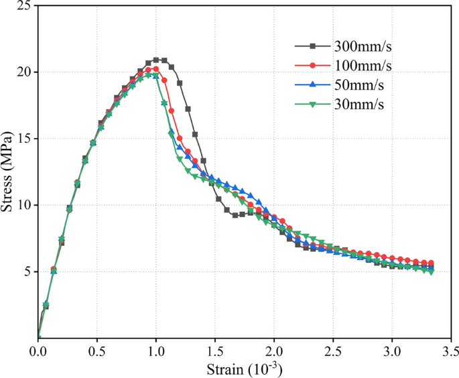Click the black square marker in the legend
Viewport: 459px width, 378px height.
[312, 46]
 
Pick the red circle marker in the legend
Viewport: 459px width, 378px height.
[312, 66]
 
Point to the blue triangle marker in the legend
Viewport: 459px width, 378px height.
[312, 84]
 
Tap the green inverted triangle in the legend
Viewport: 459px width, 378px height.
[312, 104]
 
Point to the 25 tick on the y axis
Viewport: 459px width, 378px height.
[24, 6]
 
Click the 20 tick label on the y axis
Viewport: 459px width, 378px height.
[24, 72]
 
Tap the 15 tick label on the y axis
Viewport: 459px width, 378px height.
[24, 139]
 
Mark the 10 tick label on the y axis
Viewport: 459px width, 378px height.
[24, 205]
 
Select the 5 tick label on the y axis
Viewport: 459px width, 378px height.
[27, 271]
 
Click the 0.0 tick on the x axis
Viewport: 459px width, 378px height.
[38, 351]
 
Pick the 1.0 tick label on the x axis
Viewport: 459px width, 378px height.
[156, 351]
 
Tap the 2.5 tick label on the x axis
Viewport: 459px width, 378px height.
[333, 351]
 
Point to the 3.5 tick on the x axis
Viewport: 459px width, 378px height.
[450, 351]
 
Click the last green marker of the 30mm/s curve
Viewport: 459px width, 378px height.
[430, 271]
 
